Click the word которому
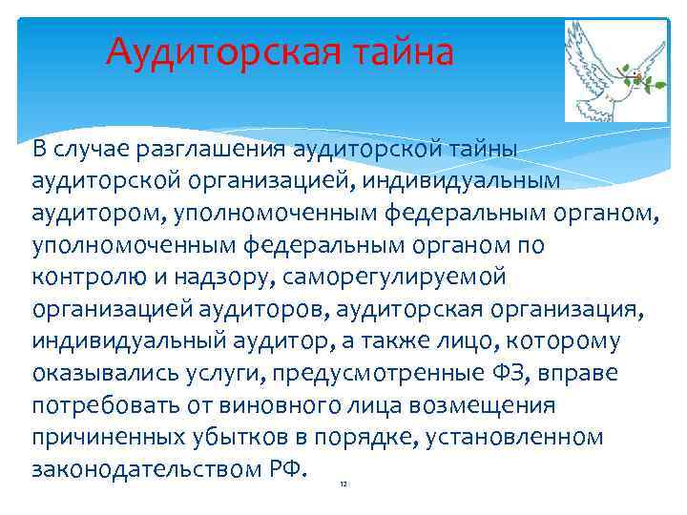571,341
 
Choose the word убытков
226,438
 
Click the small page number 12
343,484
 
